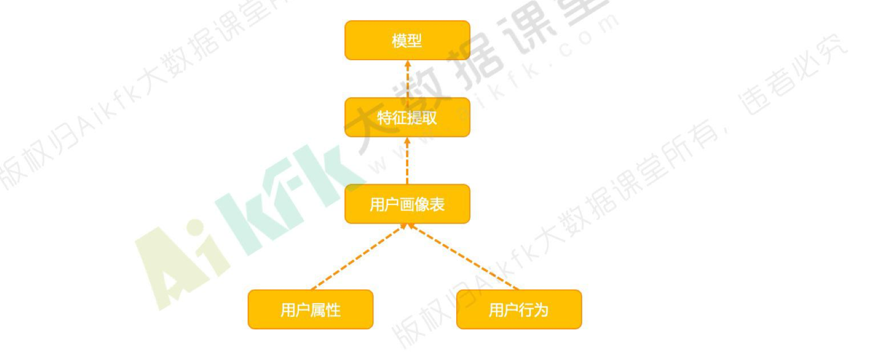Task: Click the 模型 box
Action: (407, 40)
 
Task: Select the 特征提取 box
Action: (407, 117)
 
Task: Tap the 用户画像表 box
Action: (407, 204)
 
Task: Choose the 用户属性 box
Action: (310, 310)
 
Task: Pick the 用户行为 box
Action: (519, 310)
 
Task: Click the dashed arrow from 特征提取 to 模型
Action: (407, 80)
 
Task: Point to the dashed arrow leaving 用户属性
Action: (357, 257)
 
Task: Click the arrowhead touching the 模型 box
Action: (407, 63)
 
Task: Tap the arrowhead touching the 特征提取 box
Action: (407, 141)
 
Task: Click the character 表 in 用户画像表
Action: (437, 204)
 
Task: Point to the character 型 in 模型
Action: (414, 41)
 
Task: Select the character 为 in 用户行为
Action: (541, 310)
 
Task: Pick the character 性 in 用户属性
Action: (333, 310)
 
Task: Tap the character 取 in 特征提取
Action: (429, 118)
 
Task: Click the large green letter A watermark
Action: (164, 268)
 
